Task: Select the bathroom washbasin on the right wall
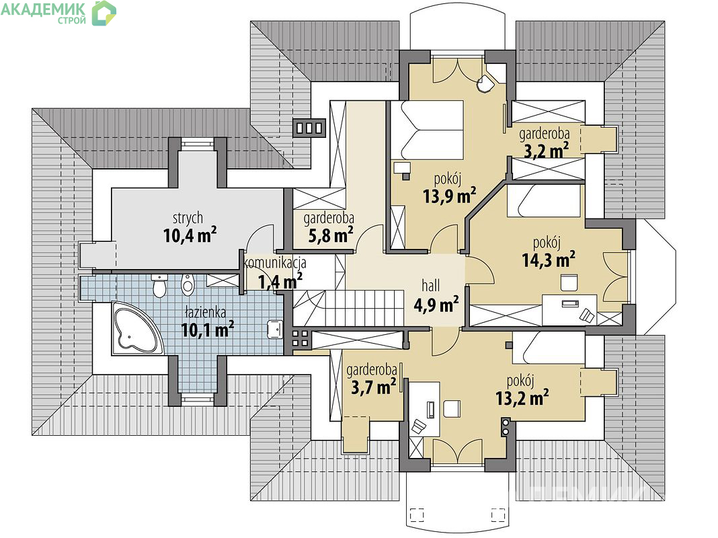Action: (x=275, y=329)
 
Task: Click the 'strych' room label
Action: (x=188, y=218)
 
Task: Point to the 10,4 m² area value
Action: (x=190, y=235)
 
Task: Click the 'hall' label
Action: (x=430, y=286)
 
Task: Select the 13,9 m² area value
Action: (x=449, y=196)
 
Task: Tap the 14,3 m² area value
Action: (x=549, y=260)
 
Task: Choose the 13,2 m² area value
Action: (x=522, y=398)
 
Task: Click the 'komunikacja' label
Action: (x=275, y=263)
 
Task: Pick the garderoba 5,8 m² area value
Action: (x=331, y=235)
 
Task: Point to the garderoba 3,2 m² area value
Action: (x=546, y=150)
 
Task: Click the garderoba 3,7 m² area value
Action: (x=373, y=387)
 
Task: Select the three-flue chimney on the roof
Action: (x=309, y=128)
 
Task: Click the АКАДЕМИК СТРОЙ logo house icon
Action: (x=104, y=13)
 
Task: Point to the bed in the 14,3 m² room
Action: (x=545, y=200)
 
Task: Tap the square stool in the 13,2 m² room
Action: (x=452, y=409)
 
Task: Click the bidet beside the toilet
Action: (x=188, y=283)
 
